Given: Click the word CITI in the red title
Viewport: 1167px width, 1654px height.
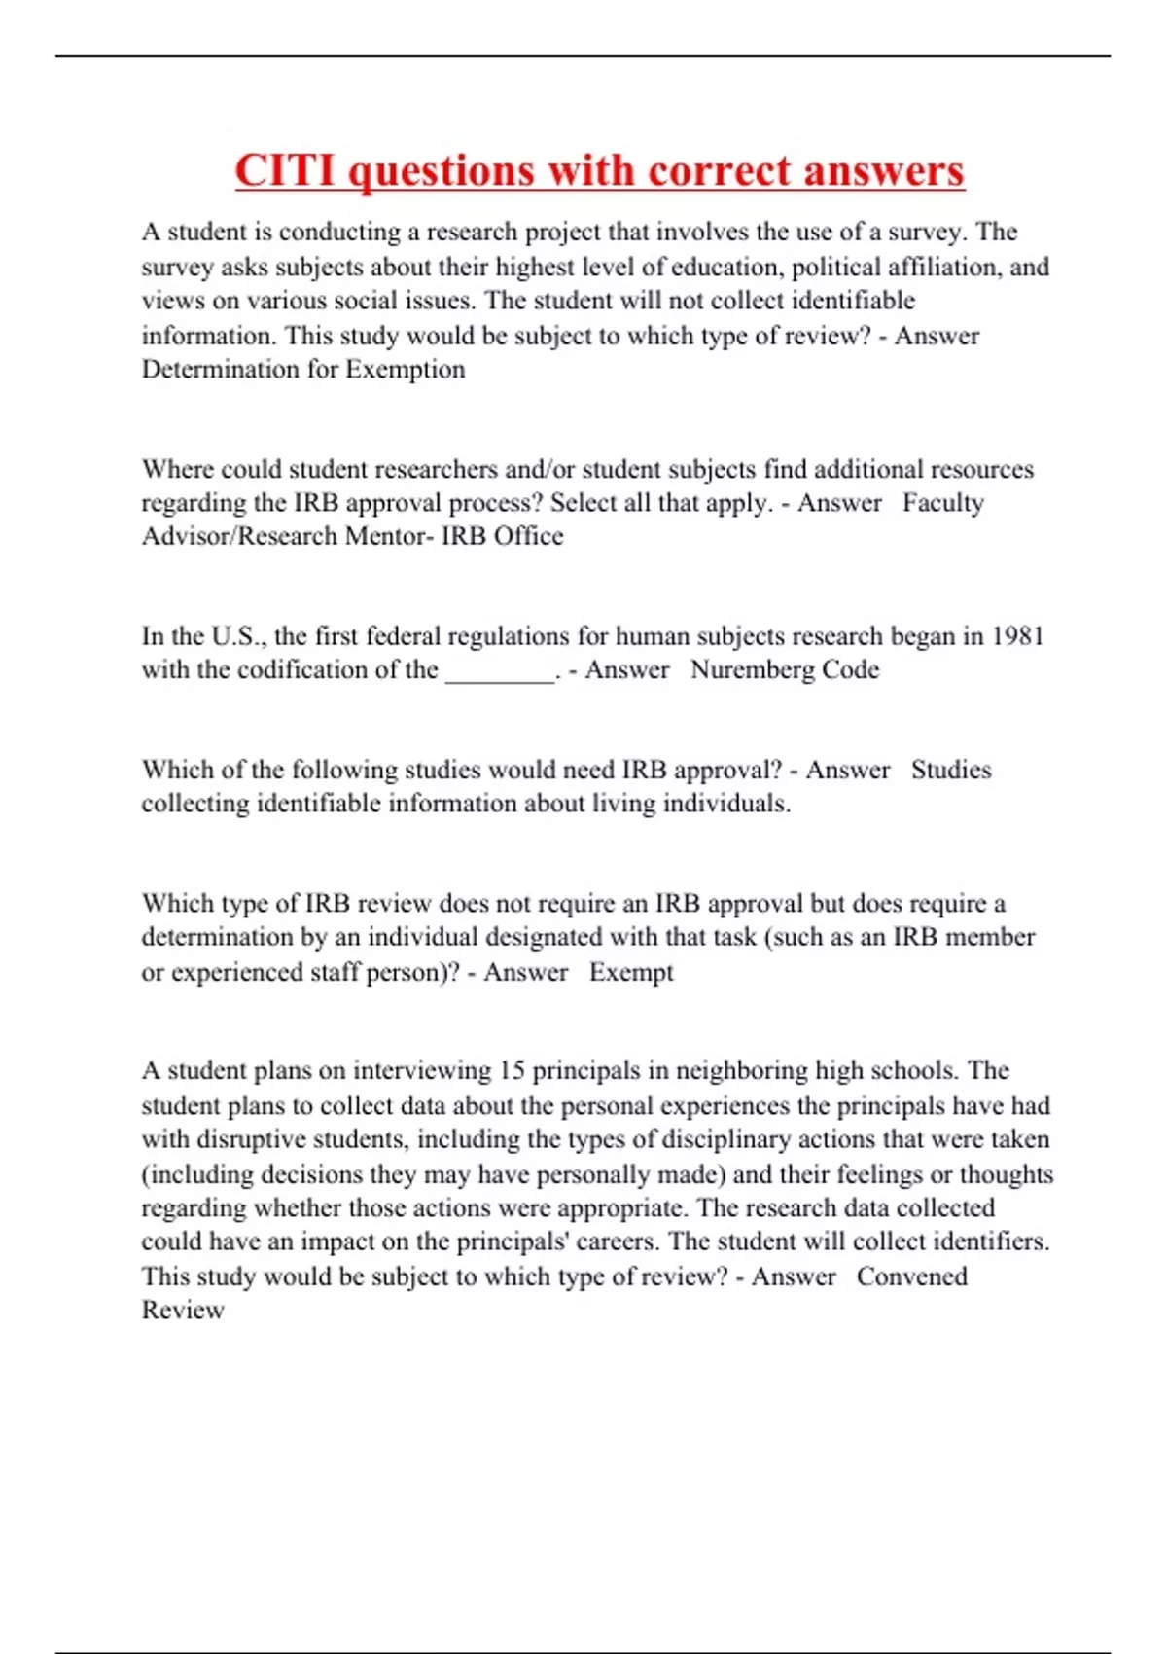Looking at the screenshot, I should [x=285, y=171].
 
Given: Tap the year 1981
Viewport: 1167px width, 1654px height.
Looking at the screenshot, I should [x=1017, y=636].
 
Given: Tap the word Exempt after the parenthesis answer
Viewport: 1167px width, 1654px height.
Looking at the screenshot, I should [x=631, y=972].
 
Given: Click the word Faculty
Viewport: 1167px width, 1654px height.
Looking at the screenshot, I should [x=942, y=503].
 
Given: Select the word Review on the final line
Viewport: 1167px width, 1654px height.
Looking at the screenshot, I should [x=183, y=1311].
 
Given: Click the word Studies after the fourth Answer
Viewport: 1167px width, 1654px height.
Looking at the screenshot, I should [x=951, y=771].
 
